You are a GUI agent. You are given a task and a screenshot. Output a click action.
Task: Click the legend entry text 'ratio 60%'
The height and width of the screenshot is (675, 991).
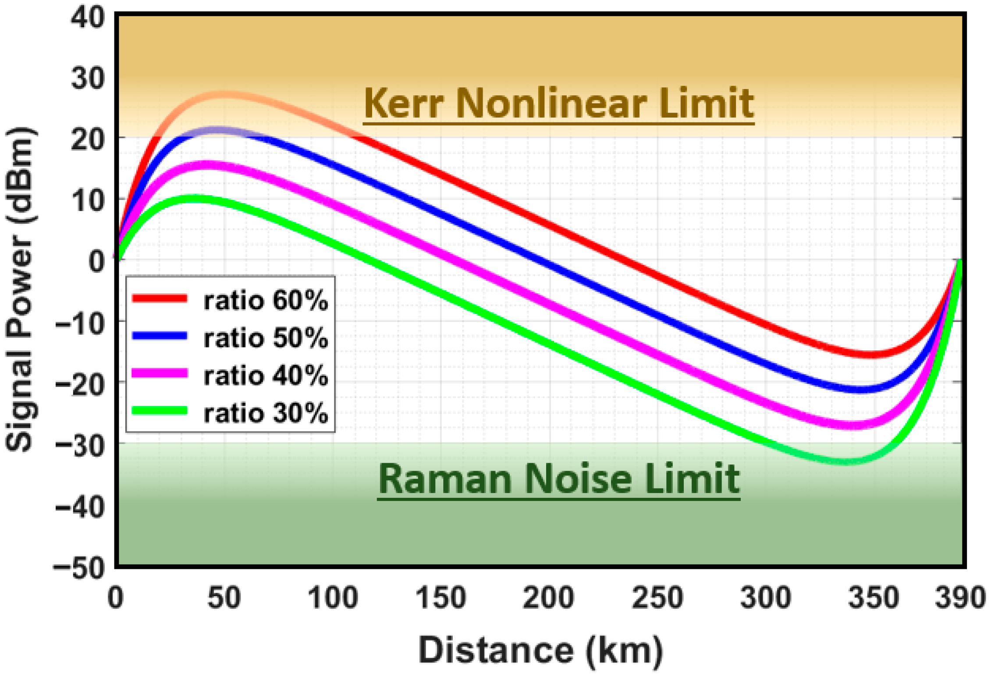click(x=266, y=301)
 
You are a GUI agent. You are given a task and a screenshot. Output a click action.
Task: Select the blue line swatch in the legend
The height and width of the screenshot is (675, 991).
click(x=160, y=336)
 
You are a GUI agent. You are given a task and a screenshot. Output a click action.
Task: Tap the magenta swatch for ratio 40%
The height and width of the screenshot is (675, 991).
click(x=160, y=373)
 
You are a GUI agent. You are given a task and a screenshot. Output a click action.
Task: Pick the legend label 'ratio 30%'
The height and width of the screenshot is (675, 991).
click(x=266, y=413)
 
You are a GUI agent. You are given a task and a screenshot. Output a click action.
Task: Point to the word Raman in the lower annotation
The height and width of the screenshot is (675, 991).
click(x=445, y=479)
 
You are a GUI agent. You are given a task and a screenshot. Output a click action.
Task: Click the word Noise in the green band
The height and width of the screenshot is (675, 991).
click(x=579, y=479)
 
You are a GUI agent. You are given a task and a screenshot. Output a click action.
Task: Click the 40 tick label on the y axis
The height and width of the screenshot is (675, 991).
click(x=88, y=18)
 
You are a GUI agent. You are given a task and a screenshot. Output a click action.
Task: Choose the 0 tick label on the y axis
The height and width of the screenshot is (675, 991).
click(x=97, y=261)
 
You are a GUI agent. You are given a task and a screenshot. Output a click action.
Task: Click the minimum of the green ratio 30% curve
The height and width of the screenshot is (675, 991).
click(x=844, y=461)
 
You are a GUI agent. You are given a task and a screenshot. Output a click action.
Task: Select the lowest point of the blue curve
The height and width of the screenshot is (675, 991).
click(x=859, y=389)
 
